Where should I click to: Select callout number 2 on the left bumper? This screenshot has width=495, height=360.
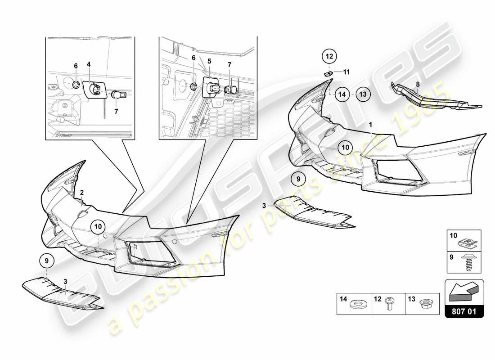tap(82, 192)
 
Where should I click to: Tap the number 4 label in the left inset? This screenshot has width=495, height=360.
tap(89, 64)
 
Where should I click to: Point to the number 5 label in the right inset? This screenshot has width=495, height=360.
tap(209, 60)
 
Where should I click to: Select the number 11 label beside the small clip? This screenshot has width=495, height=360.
tap(346, 72)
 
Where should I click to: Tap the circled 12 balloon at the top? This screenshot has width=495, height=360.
tap(329, 56)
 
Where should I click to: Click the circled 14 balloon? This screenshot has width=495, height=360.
tap(342, 94)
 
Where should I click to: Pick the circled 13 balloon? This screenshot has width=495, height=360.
tap(363, 94)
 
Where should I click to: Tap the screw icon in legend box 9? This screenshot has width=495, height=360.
tap(468, 261)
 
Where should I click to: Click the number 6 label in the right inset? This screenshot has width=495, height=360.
tap(193, 58)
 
